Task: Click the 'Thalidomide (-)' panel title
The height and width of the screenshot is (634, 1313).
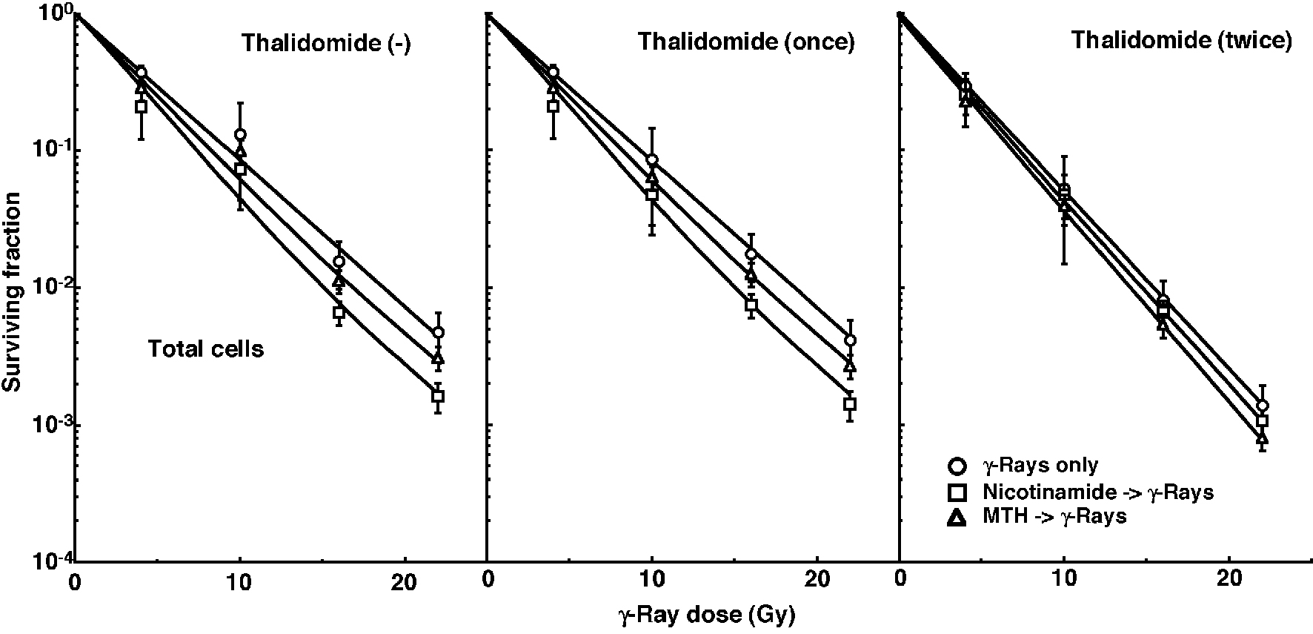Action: click(x=326, y=44)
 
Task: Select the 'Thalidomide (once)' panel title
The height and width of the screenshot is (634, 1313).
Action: click(x=746, y=42)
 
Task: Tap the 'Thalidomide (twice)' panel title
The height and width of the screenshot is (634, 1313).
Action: click(x=1182, y=40)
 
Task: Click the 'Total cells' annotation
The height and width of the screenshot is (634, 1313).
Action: click(x=206, y=349)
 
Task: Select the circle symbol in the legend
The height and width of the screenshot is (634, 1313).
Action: click(x=957, y=466)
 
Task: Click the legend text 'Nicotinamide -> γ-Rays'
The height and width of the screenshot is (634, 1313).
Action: click(x=1097, y=492)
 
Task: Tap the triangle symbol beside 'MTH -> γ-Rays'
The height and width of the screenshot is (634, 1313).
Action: click(x=957, y=518)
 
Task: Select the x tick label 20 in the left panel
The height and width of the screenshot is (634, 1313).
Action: click(x=404, y=583)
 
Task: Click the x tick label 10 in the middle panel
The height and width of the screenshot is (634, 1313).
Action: click(x=651, y=583)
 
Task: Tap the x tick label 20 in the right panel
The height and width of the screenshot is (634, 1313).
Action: click(x=1230, y=583)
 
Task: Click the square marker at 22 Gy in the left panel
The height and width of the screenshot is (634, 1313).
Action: click(x=438, y=396)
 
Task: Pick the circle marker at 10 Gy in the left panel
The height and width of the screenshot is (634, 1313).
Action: click(x=240, y=135)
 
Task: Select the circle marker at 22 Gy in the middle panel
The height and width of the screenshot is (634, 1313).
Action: click(x=850, y=340)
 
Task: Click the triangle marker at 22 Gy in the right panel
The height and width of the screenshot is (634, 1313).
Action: click(x=1263, y=438)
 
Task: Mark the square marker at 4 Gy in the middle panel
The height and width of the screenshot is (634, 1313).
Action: click(x=553, y=106)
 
